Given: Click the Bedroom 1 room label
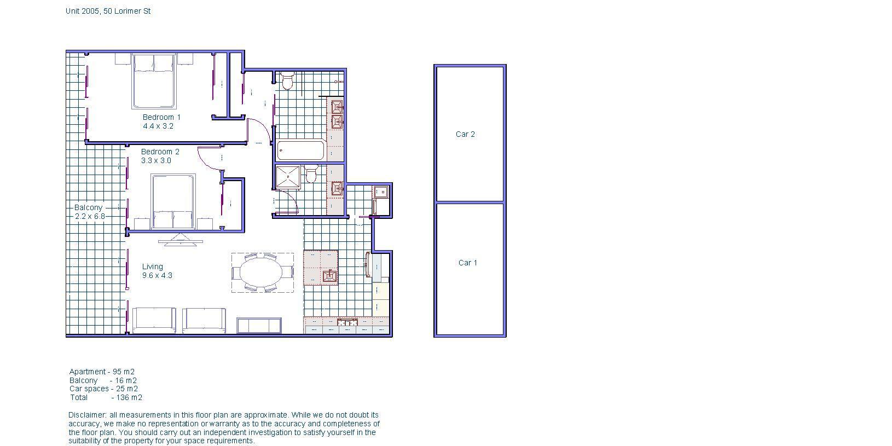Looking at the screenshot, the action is click(x=161, y=117).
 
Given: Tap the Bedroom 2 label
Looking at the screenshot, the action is click(x=160, y=152).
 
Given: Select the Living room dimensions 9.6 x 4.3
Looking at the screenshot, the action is click(x=157, y=276).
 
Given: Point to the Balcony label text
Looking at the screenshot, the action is click(x=89, y=207).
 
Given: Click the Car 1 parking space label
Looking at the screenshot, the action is click(x=467, y=263).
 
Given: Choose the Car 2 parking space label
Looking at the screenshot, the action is click(x=465, y=134).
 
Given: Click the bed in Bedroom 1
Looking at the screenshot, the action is click(x=154, y=81).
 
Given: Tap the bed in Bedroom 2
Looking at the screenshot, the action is click(x=173, y=202).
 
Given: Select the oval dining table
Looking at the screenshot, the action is click(x=261, y=273).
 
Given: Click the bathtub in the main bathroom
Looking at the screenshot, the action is click(x=300, y=150).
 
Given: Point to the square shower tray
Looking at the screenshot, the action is click(x=287, y=177).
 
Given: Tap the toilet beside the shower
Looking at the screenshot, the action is click(x=311, y=174).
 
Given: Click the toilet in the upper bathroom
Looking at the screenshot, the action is click(x=287, y=81).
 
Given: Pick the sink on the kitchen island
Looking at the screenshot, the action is click(x=330, y=276).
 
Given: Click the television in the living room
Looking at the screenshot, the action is click(x=181, y=240).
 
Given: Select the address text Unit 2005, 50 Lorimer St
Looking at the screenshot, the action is click(x=108, y=11).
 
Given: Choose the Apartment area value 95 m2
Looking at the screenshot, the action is click(x=124, y=372).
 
